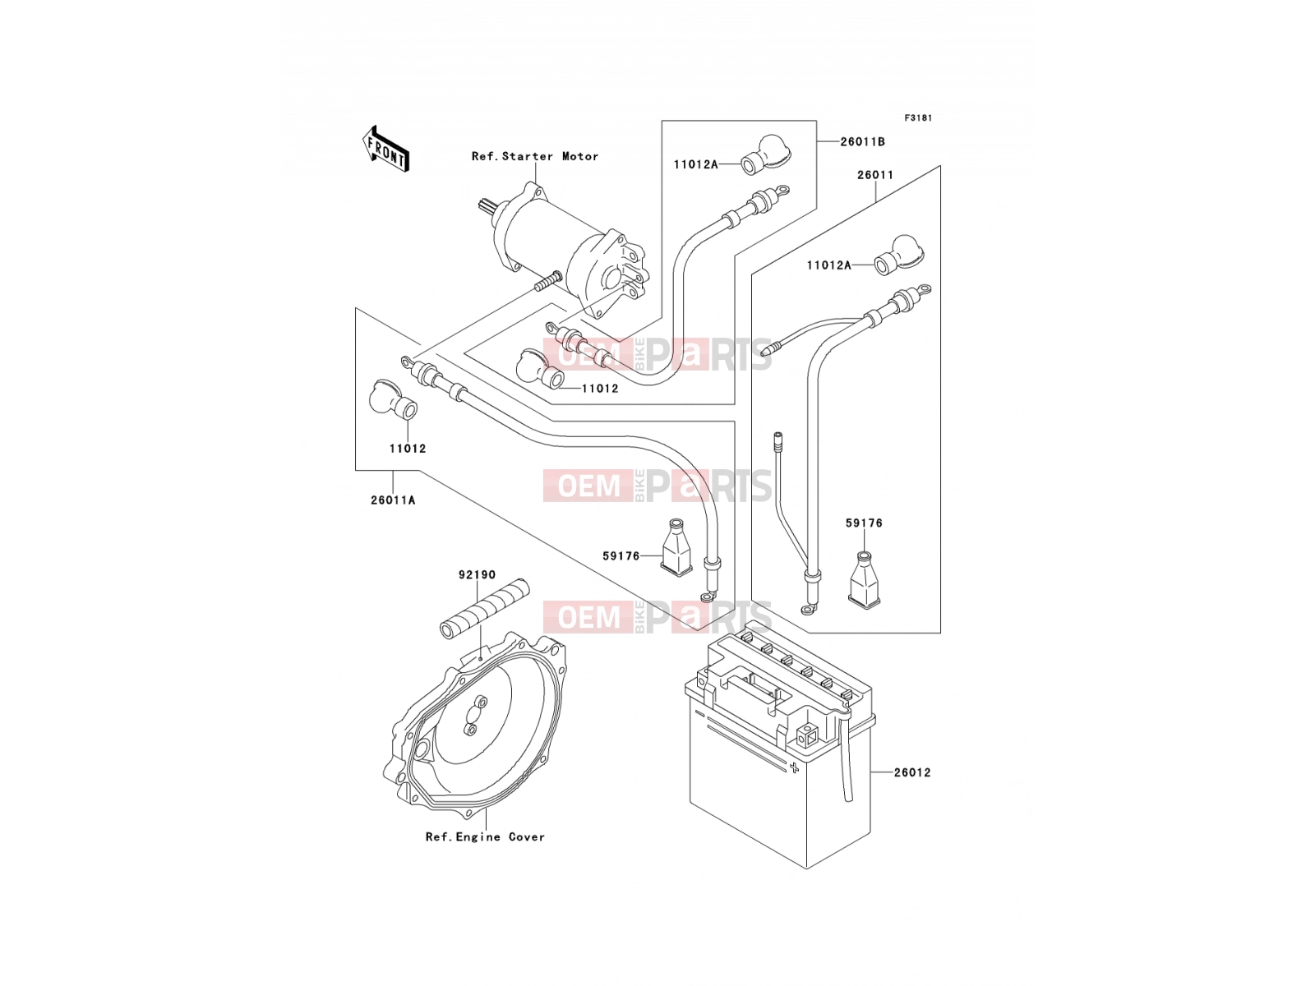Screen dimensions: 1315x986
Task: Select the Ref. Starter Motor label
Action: [x=535, y=156]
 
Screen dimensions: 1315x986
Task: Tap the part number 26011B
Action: [x=863, y=142]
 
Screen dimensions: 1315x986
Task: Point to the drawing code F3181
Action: [x=918, y=118]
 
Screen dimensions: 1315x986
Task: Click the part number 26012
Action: [x=912, y=773]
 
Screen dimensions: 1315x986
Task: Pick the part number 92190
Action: [x=477, y=574]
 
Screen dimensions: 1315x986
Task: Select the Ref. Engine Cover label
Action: [x=485, y=837]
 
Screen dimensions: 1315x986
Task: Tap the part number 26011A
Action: [x=393, y=500]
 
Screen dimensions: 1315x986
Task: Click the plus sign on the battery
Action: [x=795, y=767]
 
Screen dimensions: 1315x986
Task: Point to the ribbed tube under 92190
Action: [x=485, y=608]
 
